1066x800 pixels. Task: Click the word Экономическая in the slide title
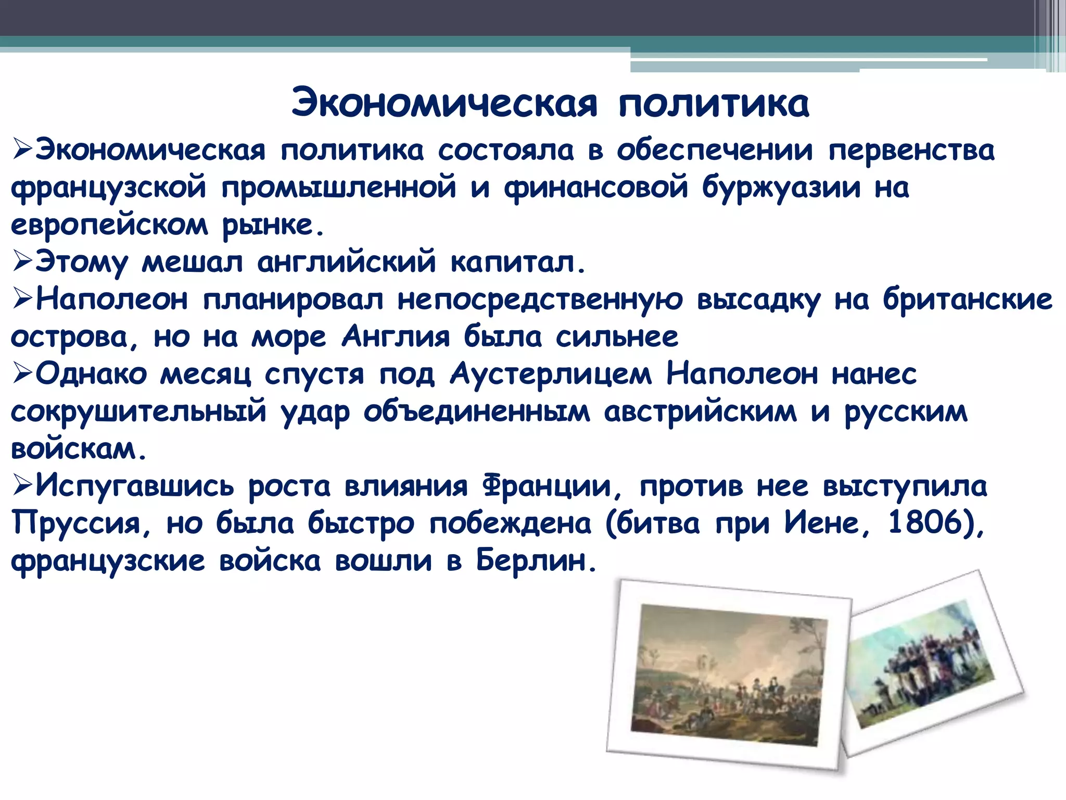pos(444,103)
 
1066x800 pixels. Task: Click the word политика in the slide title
pos(714,103)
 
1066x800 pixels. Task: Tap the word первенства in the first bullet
pos(911,150)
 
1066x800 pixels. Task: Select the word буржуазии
pos(781,187)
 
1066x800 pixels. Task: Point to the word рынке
pos(273,226)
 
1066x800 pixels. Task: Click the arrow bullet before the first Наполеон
pos(22,299)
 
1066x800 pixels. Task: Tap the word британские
pos(967,299)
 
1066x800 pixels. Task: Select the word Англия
pos(396,336)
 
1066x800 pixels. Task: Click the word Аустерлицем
pos(550,374)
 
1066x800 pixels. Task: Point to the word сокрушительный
pos(138,411)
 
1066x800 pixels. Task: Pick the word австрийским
pos(700,411)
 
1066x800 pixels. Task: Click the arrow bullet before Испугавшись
pos(22,485)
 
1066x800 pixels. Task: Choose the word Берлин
pos(535,561)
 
